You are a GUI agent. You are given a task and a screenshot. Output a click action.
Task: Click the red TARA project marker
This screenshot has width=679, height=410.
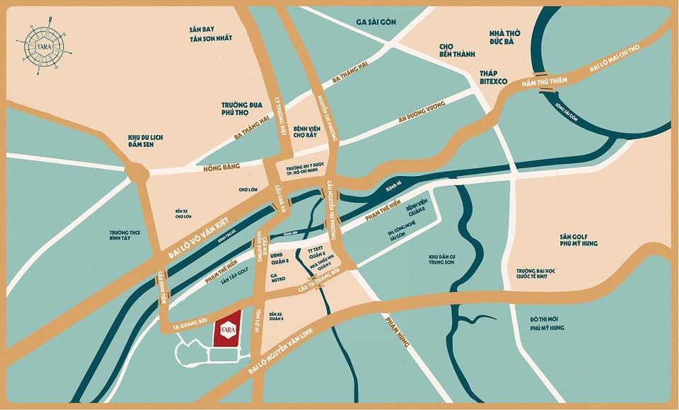pos(228,329)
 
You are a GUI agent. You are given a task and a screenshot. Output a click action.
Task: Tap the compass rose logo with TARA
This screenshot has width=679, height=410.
pos(44,46)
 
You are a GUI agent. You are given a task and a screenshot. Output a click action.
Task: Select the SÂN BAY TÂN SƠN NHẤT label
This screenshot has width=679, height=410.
pos(210,33)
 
